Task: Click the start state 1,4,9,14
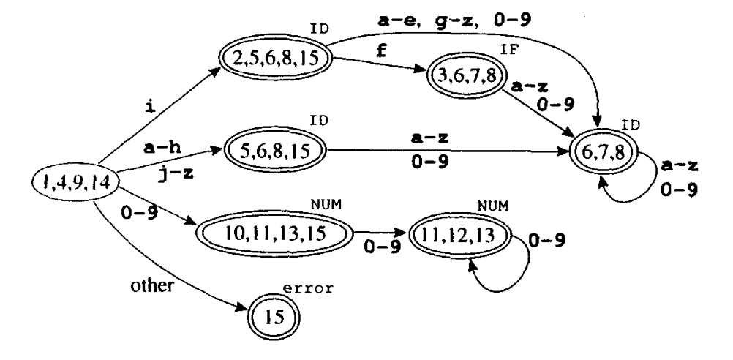tap(71, 181)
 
